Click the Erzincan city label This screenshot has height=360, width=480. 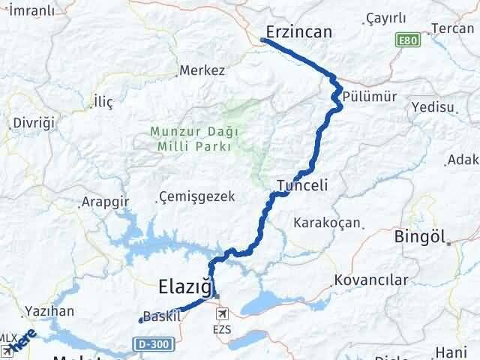click(x=299, y=31)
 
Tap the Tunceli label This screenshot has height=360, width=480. click(x=301, y=184)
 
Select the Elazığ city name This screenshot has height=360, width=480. click(x=184, y=285)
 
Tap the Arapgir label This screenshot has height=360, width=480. click(x=106, y=202)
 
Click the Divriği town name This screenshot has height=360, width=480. click(x=31, y=122)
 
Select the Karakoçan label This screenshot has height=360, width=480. click(x=327, y=223)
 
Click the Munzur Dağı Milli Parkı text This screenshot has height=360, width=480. click(x=194, y=139)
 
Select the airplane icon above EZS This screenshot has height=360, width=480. click(x=221, y=313)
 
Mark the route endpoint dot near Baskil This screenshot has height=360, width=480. click(x=140, y=321)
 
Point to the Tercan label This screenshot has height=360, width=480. click(x=454, y=29)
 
